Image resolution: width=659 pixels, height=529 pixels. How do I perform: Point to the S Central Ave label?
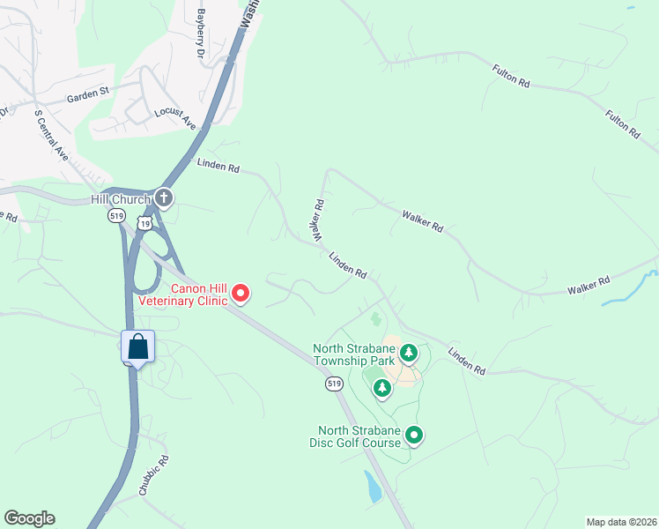point(51,135)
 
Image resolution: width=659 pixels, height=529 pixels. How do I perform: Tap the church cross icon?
point(163,199)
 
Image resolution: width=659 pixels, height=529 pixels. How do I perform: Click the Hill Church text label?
point(121,200)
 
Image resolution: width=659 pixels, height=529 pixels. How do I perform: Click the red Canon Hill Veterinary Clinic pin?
point(240,294)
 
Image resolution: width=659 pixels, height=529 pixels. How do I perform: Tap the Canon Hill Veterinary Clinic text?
point(182,294)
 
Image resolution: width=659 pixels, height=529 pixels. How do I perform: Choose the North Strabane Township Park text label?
point(353,355)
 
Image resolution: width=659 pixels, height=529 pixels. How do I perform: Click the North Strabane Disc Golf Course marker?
point(414,435)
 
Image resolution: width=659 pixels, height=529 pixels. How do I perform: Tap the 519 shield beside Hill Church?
point(115,215)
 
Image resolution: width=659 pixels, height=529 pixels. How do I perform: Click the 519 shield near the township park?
point(333,384)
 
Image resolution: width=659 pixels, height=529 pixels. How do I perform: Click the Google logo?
point(29,518)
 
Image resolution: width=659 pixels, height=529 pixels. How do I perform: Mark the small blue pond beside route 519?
point(373,486)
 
